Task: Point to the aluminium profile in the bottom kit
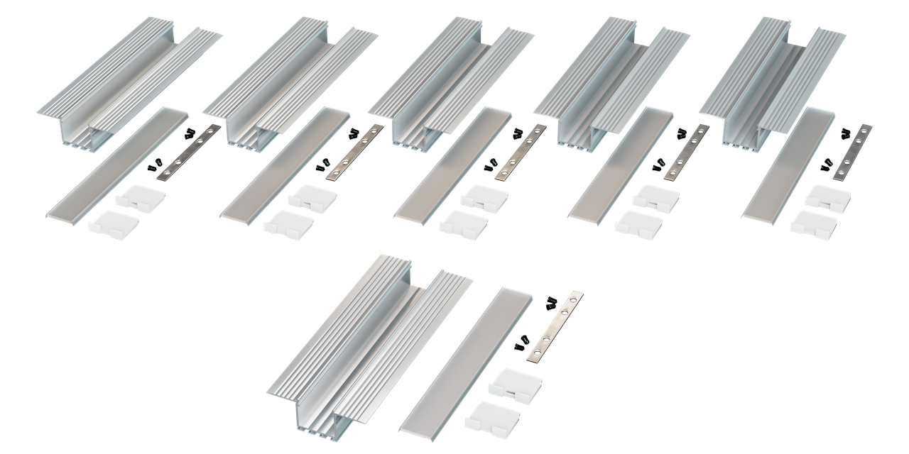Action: [x=362, y=340]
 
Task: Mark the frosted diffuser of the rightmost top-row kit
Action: [x=788, y=164]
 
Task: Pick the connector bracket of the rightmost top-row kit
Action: [x=853, y=151]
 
